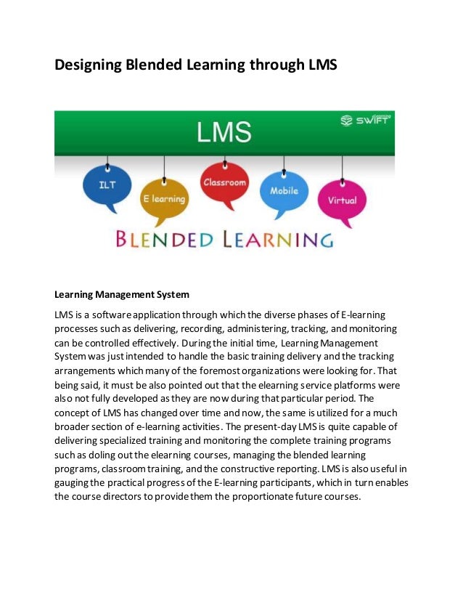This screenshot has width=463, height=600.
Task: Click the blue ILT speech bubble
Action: pyautogui.click(x=107, y=185)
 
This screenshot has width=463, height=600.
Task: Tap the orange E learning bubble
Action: pyautogui.click(x=164, y=199)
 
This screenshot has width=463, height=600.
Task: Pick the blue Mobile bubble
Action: pyautogui.click(x=283, y=192)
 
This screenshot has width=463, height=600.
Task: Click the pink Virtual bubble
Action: pyautogui.click(x=342, y=199)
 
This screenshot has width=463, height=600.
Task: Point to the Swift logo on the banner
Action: pyautogui.click(x=365, y=121)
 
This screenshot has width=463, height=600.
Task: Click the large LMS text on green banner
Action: pyautogui.click(x=224, y=133)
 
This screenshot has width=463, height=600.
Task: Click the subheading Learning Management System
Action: pyautogui.click(x=122, y=295)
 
